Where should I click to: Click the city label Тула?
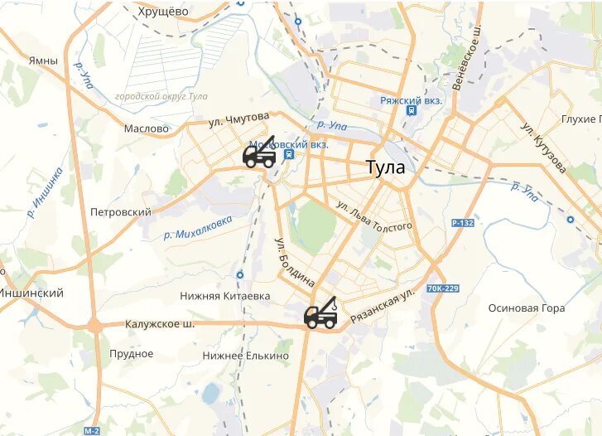(x=386, y=167)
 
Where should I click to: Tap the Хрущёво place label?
(x=164, y=12)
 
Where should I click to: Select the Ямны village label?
(x=43, y=61)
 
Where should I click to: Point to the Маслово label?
(x=146, y=128)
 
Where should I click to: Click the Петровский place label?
(x=121, y=212)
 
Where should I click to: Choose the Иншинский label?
(x=31, y=293)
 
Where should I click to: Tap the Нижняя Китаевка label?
(x=214, y=295)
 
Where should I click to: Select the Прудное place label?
(x=132, y=354)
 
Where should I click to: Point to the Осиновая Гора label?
(x=526, y=308)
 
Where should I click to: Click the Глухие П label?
(x=579, y=119)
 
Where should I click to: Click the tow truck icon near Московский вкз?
(x=259, y=154)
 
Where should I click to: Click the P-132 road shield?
(x=463, y=224)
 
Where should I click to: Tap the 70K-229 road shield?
(x=442, y=288)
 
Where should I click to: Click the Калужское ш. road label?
(x=160, y=324)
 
